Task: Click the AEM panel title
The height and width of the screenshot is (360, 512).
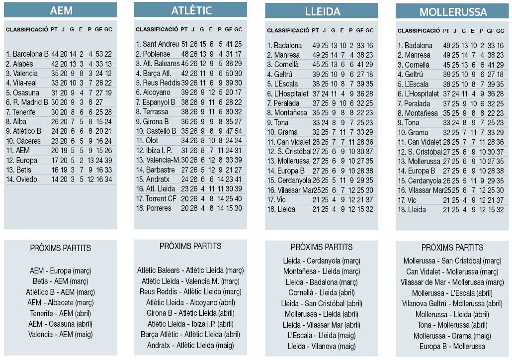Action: (61, 11)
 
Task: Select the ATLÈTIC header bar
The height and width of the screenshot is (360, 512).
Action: (191, 10)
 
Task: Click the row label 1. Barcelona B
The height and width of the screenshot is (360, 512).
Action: (27, 54)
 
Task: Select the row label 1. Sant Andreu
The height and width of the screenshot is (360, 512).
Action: (157, 44)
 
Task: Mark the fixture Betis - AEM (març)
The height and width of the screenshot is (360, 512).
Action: (61, 281)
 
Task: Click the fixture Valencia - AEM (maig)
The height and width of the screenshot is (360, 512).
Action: (61, 335)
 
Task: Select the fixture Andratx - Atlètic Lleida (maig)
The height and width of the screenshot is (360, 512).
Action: (190, 345)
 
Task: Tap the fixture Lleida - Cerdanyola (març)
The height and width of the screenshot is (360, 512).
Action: (322, 261)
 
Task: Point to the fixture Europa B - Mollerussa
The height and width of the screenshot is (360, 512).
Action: (452, 346)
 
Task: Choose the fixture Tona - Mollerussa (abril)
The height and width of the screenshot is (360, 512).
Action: (452, 325)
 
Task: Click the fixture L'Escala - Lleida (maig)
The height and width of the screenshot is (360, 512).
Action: (322, 336)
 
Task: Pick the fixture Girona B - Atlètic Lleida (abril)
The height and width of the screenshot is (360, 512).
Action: (190, 313)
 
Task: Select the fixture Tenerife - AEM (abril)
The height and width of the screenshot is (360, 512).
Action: (61, 313)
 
